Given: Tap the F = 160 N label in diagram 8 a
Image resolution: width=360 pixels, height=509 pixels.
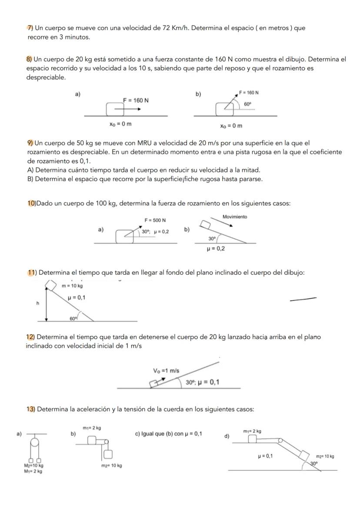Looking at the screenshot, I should click(136, 100).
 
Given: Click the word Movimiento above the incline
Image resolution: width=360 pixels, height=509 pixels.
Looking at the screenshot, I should click(235, 216).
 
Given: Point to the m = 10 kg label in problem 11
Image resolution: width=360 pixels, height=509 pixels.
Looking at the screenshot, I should click(72, 286).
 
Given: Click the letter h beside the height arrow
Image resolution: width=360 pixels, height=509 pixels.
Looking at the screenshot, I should click(38, 303).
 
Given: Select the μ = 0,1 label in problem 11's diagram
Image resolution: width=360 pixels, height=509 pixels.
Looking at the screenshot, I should click(77, 298).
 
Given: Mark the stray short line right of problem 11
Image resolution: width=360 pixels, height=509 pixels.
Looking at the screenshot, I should click(303, 299).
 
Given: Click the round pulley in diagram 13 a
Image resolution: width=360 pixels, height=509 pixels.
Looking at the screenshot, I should click(34, 442).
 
